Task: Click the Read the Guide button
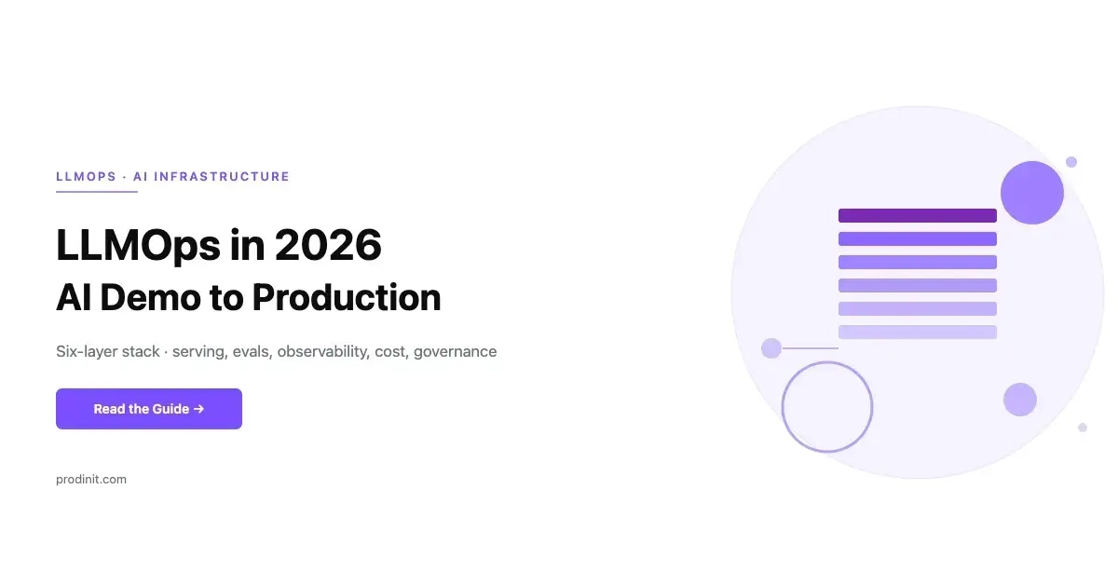[149, 409]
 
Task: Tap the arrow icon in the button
[198, 409]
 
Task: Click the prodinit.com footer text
[91, 479]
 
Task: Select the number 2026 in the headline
[328, 245]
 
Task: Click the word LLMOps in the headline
[138, 246]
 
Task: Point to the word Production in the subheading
[347, 297]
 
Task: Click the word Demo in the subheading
[150, 297]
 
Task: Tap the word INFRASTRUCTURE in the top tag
[222, 177]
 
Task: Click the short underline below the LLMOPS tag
[97, 191]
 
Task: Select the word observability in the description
[323, 351]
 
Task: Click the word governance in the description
[456, 351]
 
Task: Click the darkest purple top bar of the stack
[918, 216]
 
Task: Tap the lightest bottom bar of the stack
[918, 332]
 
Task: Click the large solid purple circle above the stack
[1032, 193]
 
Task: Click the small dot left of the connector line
[771, 348]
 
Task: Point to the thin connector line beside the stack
[810, 348]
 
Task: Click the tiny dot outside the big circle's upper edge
[1071, 162]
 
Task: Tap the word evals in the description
[252, 351]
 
